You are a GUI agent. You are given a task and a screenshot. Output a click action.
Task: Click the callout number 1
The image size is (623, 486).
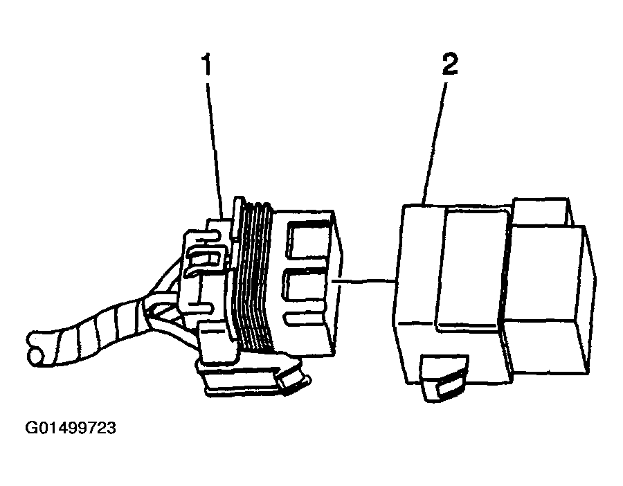206,65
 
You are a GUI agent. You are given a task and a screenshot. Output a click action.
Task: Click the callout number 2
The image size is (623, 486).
450,64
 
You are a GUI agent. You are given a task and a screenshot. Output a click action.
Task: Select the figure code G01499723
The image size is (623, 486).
71,428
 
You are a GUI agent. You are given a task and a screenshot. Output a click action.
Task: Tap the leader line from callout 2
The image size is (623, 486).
435,144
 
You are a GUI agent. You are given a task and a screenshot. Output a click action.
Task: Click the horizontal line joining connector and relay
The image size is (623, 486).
363,281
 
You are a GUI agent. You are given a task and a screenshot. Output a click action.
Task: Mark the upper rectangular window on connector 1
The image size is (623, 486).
308,240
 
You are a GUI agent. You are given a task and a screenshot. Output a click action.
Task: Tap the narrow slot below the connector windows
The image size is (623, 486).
305,318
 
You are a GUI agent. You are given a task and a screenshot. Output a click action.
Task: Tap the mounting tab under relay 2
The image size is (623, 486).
444,378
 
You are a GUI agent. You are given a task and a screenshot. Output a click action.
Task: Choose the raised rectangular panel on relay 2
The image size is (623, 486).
471,269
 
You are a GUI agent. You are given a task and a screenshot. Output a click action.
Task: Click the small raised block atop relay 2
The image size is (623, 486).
542,211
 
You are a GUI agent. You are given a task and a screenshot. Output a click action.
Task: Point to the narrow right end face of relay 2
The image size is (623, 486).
590,298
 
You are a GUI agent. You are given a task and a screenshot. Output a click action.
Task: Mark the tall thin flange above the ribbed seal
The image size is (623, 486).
238,219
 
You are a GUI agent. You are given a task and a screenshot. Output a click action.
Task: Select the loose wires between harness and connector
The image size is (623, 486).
167,302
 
